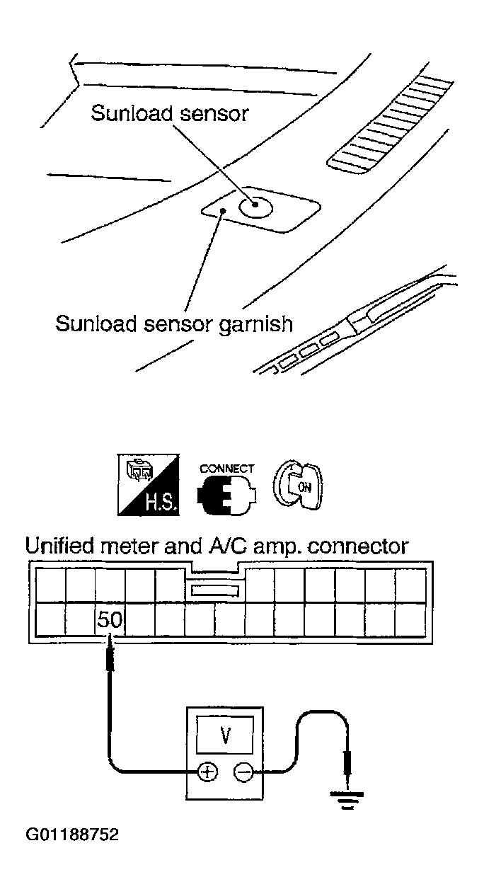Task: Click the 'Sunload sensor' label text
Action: (170, 113)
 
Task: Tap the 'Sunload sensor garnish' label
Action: (174, 323)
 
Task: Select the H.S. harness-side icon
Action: (148, 484)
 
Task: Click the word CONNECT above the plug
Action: (226, 468)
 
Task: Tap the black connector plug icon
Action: (226, 495)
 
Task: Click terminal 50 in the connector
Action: (110, 619)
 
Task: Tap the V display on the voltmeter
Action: (226, 735)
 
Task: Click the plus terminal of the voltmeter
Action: (208, 772)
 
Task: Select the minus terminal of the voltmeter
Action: (243, 772)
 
